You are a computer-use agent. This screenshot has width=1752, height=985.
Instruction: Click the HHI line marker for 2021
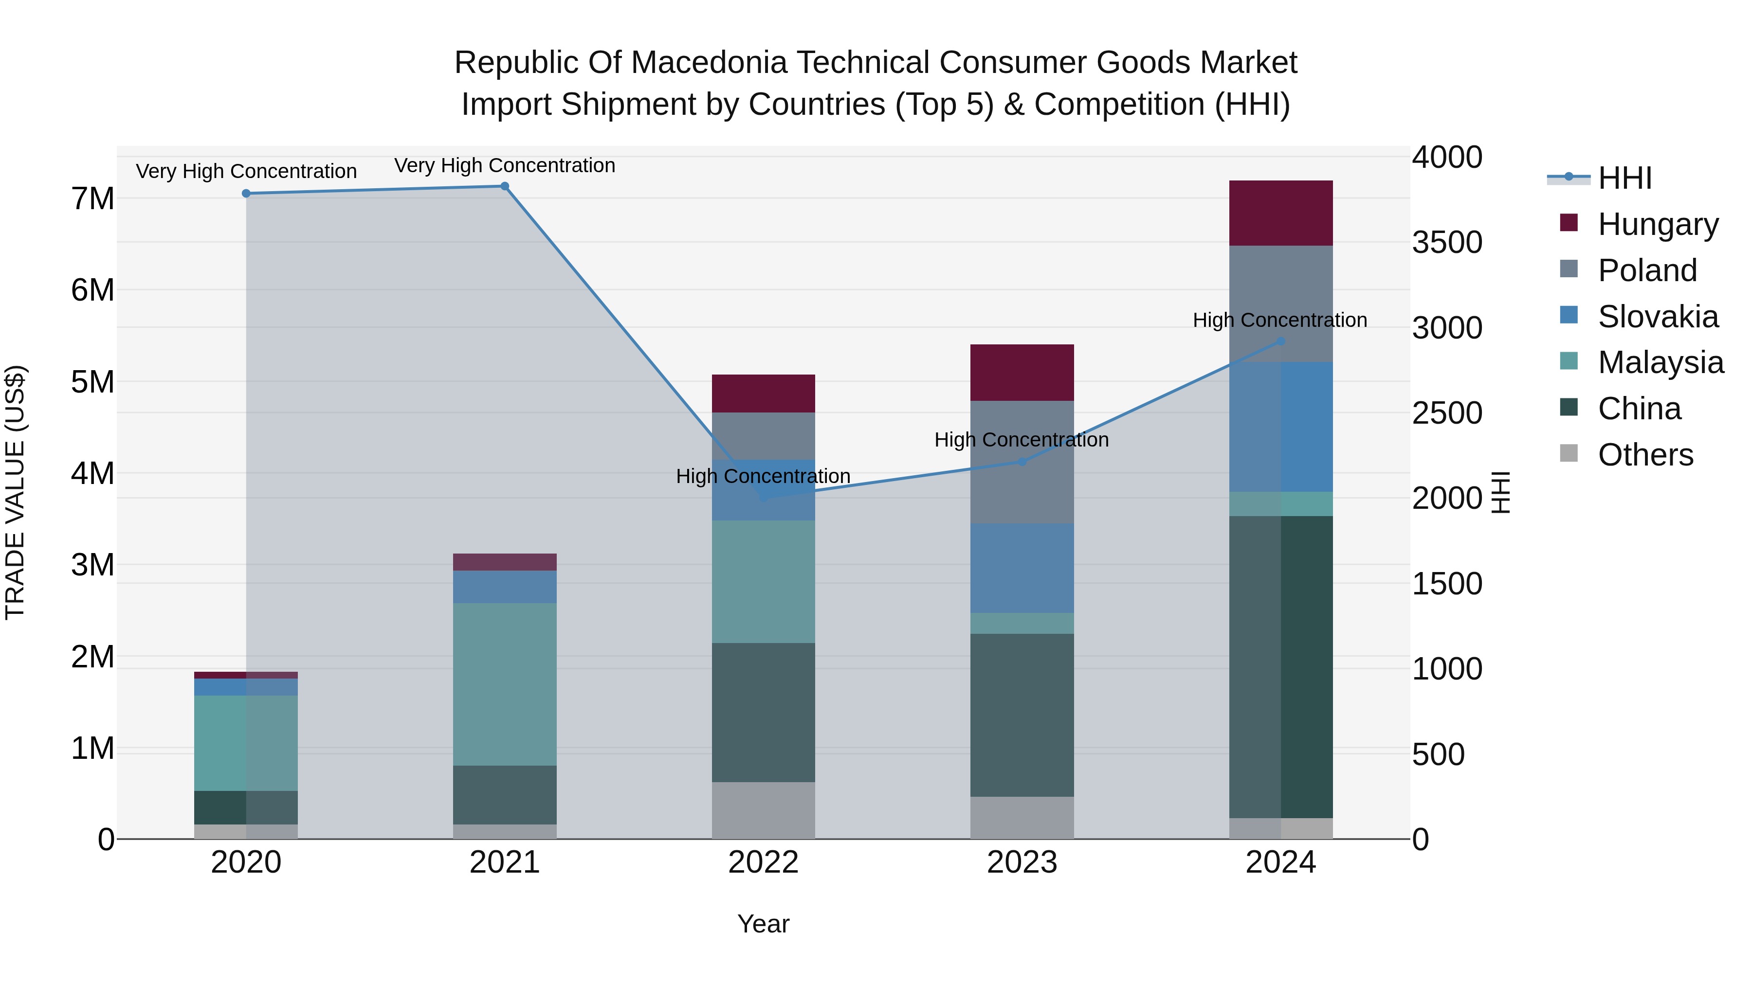click(505, 186)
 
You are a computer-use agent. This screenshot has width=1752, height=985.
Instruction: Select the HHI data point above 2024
click(1281, 341)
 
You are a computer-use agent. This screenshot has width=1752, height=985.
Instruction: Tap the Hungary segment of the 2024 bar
click(1281, 213)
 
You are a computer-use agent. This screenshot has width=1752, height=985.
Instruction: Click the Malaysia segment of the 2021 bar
click(505, 684)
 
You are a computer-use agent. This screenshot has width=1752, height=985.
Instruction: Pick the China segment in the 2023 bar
click(1022, 715)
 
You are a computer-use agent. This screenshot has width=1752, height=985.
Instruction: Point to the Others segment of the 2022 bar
click(763, 810)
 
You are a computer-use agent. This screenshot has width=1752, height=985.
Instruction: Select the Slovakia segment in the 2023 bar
click(1022, 568)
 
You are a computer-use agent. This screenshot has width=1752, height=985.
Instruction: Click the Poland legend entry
click(1646, 270)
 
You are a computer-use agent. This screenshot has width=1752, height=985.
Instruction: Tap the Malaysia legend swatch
click(1569, 361)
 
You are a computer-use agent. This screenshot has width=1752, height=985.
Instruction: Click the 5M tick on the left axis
click(93, 382)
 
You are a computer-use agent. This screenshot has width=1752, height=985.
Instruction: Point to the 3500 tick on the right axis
click(1447, 243)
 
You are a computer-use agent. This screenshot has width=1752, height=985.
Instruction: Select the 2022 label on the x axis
click(763, 862)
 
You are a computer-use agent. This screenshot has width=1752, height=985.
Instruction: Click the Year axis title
click(763, 924)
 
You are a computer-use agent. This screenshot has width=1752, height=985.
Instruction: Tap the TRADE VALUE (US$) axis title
click(15, 492)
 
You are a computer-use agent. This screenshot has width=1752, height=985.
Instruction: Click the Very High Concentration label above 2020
click(246, 171)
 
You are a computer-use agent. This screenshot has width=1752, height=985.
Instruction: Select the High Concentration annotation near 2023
click(1022, 440)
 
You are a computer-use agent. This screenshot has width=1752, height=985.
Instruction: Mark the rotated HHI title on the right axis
click(1500, 492)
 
